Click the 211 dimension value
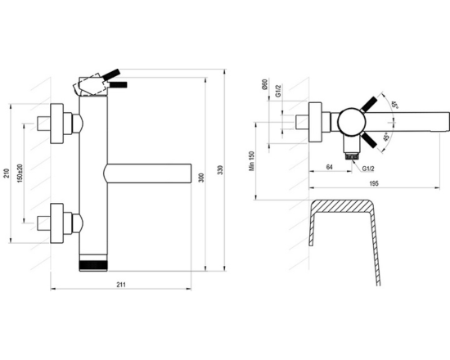[x=121, y=285]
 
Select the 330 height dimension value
[x=220, y=170]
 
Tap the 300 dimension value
[x=201, y=178]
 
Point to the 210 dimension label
[x=7, y=173]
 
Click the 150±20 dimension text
[x=20, y=173]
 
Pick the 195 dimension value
[x=374, y=183]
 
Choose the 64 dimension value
[x=330, y=167]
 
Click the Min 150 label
[x=252, y=161]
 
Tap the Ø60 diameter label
[x=265, y=84]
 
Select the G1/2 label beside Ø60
[x=278, y=90]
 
